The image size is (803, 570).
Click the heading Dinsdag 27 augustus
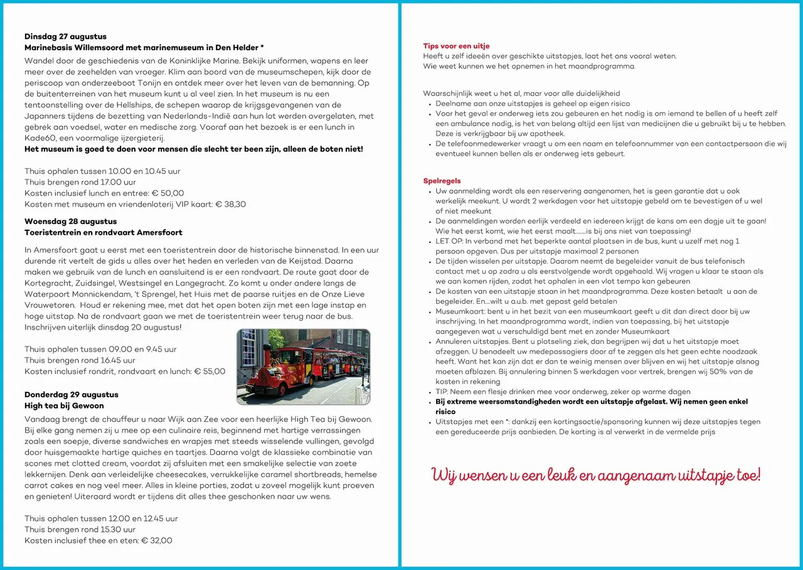click(65, 36)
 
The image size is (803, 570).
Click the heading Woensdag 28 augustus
click(70, 222)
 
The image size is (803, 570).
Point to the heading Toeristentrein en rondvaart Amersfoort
click(103, 232)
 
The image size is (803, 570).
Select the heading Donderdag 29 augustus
click(71, 395)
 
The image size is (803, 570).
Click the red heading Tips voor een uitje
click(456, 46)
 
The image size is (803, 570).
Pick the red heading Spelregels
click(442, 181)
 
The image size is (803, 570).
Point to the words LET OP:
click(450, 241)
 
